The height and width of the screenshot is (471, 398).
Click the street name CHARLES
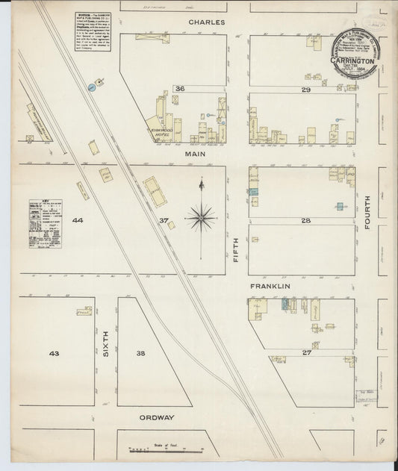tap(207, 22)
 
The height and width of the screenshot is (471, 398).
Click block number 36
tap(179, 89)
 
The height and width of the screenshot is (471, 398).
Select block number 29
tap(305, 90)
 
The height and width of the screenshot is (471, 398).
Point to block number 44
tap(78, 221)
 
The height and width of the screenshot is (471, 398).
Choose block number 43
tap(54, 352)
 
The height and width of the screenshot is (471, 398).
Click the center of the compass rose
tap(200, 217)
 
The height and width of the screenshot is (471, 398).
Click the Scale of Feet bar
tap(165, 450)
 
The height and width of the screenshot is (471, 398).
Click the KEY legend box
tap(45, 223)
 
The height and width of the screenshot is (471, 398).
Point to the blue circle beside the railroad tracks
tap(91, 87)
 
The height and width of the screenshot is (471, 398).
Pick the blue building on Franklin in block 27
tap(284, 305)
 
